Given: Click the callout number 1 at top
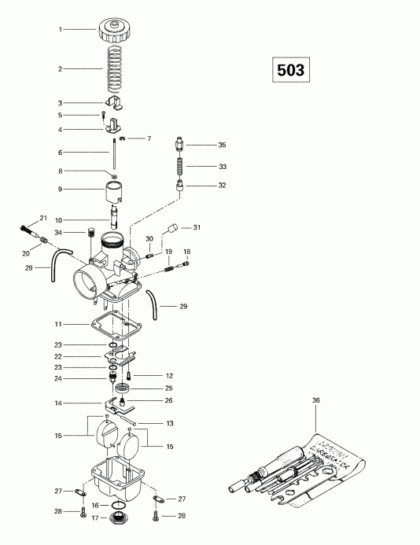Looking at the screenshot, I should [60, 30].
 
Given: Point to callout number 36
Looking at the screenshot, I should [316, 400].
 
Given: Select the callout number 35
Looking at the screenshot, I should [221, 145].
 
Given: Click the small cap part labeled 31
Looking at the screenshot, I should [169, 231].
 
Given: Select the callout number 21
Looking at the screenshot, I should [43, 217].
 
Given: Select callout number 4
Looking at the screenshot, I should [60, 129].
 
